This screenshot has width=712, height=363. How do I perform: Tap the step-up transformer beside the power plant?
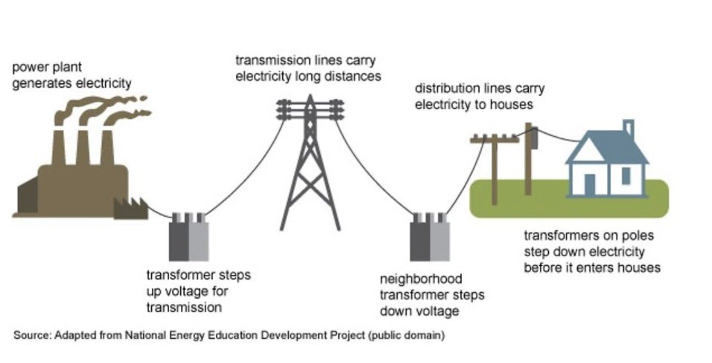click(x=189, y=240)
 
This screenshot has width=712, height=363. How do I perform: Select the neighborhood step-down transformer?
click(x=430, y=240)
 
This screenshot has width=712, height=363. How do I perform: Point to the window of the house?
click(x=626, y=175)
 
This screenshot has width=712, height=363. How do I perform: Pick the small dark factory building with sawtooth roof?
click(x=131, y=209)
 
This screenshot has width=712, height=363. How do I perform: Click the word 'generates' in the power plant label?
click(x=41, y=83)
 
